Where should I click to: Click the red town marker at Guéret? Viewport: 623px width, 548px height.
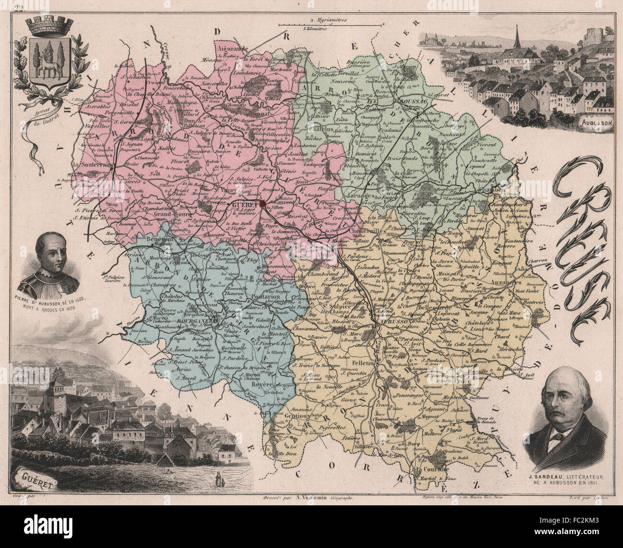pyautogui.click(x=263, y=203)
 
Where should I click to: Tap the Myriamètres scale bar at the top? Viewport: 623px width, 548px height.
pyautogui.click(x=331, y=23)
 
